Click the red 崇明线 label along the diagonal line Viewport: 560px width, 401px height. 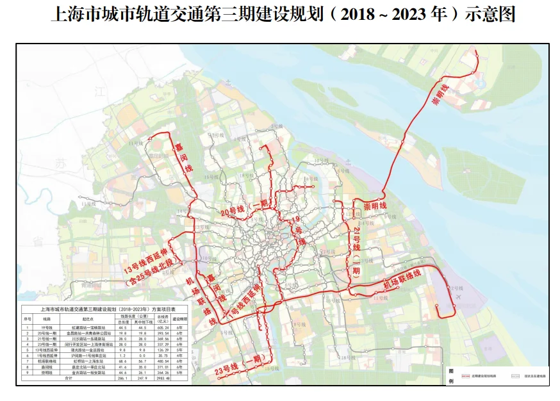pyautogui.click(x=440, y=94)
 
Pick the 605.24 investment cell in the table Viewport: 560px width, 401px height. pyautogui.click(x=163, y=327)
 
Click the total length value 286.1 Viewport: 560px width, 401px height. pyautogui.click(x=122, y=379)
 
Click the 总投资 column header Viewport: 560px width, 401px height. pyautogui.click(x=163, y=318)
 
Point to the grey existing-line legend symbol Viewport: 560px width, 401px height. pyautogui.click(x=513, y=377)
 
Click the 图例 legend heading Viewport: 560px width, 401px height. pyautogui.click(x=450, y=377)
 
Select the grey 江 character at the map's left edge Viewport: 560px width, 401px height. pyautogui.click(x=99, y=92)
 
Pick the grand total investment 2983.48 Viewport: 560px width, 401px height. pyautogui.click(x=163, y=379)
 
